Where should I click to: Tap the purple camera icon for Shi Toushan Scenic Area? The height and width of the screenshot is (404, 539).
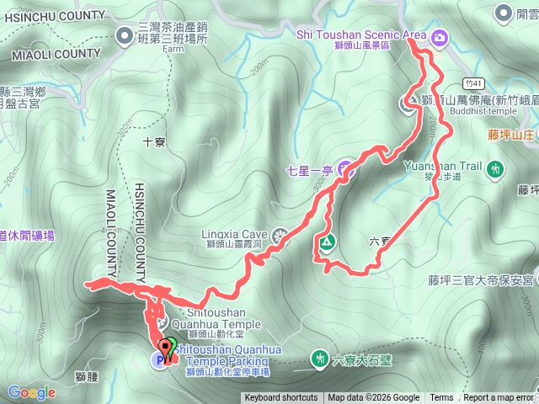click(440, 37)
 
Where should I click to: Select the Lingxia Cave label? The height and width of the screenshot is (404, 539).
click(234, 234)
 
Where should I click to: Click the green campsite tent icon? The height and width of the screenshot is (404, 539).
click(326, 243)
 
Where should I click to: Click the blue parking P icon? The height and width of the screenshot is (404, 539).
click(157, 360)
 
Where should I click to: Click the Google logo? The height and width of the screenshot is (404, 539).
click(31, 392)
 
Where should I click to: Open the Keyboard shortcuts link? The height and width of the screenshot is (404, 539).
click(280, 398)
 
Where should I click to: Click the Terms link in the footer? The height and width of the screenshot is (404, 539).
click(441, 398)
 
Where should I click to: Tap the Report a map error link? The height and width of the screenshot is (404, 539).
click(499, 398)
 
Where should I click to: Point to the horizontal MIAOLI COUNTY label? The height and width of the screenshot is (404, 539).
click(56, 54)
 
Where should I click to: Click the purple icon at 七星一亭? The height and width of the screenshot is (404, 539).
click(344, 170)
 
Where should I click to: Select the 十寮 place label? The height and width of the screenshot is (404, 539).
click(153, 142)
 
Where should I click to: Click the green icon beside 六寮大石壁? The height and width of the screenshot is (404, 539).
click(320, 359)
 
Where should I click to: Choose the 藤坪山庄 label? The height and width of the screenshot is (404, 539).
click(511, 134)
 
